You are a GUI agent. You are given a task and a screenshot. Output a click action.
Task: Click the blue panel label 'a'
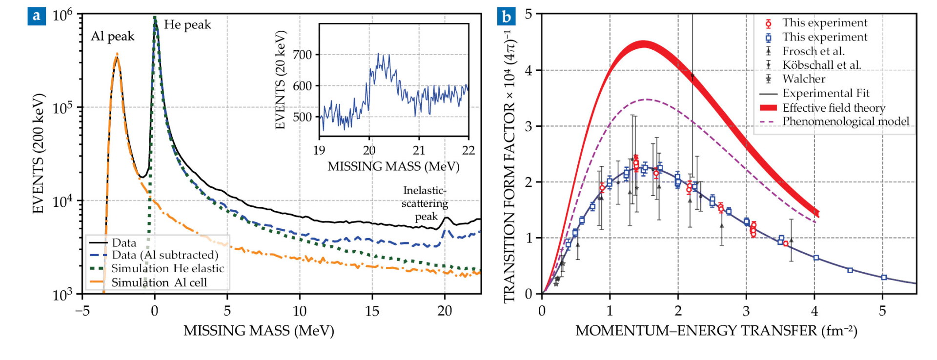tap(37, 17)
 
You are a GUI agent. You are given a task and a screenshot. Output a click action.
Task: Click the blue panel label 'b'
tap(507, 17)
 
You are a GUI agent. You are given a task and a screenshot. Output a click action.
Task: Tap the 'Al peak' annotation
tap(112, 37)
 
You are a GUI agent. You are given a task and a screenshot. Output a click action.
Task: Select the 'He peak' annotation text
tap(187, 25)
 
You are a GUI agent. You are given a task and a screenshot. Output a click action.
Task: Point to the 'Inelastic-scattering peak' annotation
tap(425, 203)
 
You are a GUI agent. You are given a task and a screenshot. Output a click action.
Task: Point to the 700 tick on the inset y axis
tap(302, 55)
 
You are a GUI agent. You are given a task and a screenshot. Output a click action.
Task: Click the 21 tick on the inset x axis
tap(419, 150)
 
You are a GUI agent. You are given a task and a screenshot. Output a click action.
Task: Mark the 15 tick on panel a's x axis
tap(372, 311)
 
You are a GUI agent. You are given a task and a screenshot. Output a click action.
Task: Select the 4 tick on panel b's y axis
tap(529, 70)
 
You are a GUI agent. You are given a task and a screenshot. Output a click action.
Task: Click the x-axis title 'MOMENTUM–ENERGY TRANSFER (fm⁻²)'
tap(716, 331)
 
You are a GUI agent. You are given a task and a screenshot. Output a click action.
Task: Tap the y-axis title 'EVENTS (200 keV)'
tap(39, 153)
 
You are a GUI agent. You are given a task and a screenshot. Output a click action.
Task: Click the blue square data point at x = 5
tap(884, 278)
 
